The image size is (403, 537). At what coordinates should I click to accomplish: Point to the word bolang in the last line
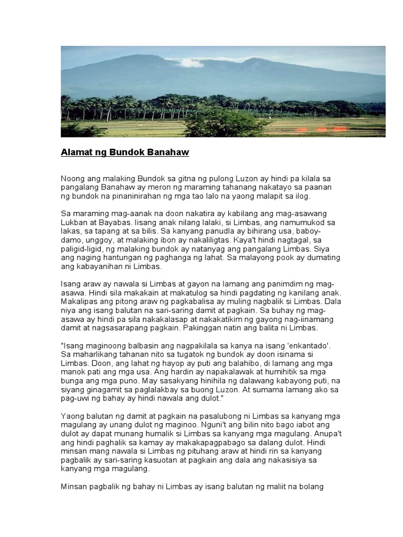(x=312, y=486)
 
